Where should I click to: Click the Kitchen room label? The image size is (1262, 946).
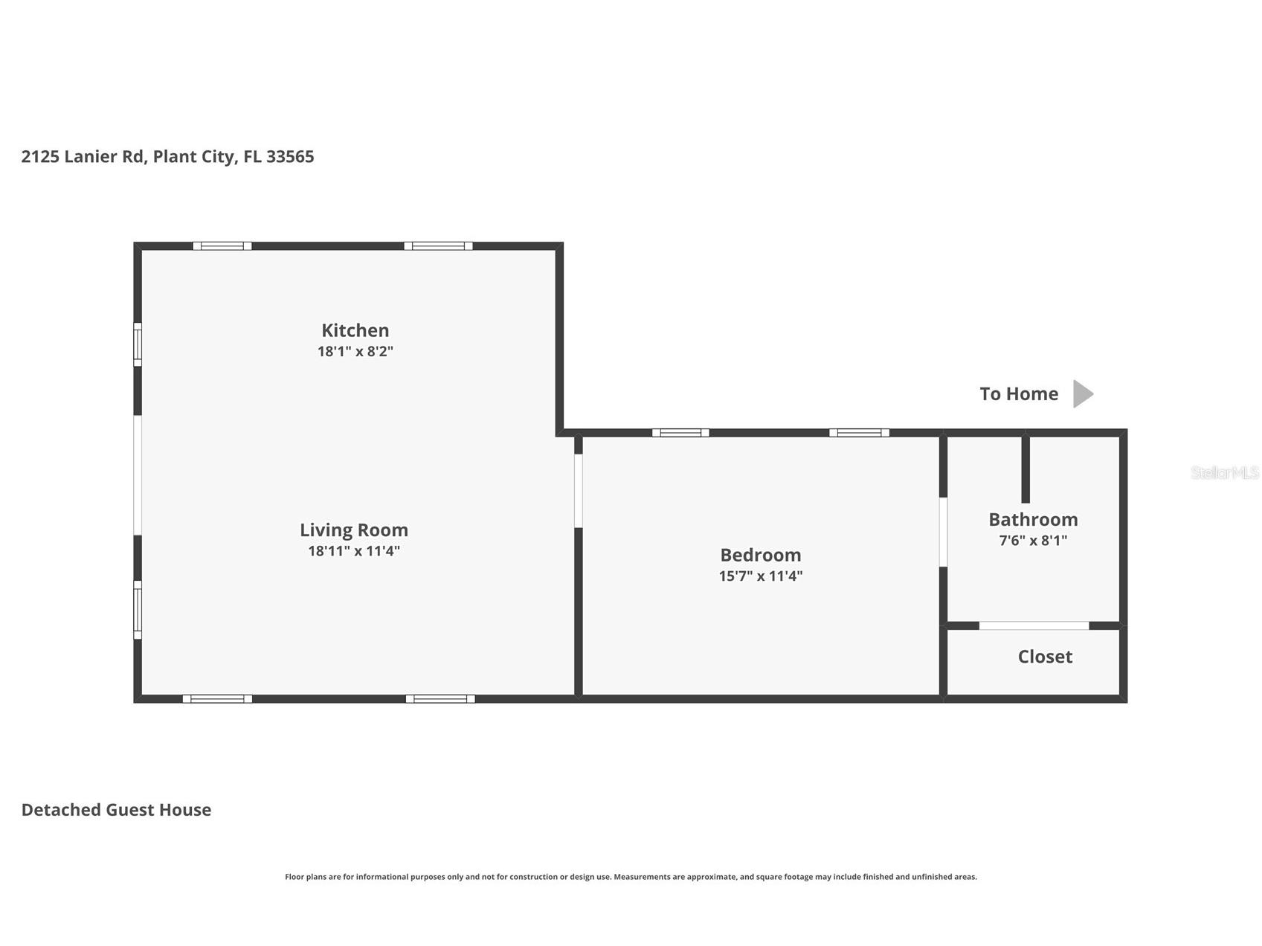pyautogui.click(x=355, y=330)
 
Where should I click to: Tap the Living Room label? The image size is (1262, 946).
pyautogui.click(x=354, y=530)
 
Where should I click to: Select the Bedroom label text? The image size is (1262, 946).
pyautogui.click(x=760, y=555)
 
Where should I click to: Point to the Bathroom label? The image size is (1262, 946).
pyautogui.click(x=1033, y=519)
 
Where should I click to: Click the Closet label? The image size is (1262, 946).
pyautogui.click(x=1045, y=657)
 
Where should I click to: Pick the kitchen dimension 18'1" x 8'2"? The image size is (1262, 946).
pyautogui.click(x=355, y=351)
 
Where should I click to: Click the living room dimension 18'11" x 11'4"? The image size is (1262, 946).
pyautogui.click(x=354, y=551)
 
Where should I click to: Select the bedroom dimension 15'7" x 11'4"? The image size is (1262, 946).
pyautogui.click(x=760, y=576)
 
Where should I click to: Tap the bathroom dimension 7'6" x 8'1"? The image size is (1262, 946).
pyautogui.click(x=1033, y=541)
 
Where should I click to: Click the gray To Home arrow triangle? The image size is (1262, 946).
pyautogui.click(x=1082, y=393)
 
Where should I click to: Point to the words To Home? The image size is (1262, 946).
pyautogui.click(x=1018, y=393)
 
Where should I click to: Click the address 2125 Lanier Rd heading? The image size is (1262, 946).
pyautogui.click(x=167, y=156)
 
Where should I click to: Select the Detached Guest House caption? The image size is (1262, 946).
pyautogui.click(x=116, y=810)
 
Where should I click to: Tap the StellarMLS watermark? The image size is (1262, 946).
pyautogui.click(x=1224, y=472)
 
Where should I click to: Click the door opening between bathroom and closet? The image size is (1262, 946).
pyautogui.click(x=1034, y=625)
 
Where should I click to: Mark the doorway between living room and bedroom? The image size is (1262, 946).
pyautogui.click(x=578, y=491)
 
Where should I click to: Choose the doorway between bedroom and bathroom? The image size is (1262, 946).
pyautogui.click(x=943, y=532)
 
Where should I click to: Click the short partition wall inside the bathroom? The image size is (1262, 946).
pyautogui.click(x=1026, y=469)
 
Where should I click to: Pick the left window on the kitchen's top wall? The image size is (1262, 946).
pyautogui.click(x=222, y=246)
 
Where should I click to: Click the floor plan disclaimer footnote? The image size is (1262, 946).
pyautogui.click(x=631, y=877)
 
